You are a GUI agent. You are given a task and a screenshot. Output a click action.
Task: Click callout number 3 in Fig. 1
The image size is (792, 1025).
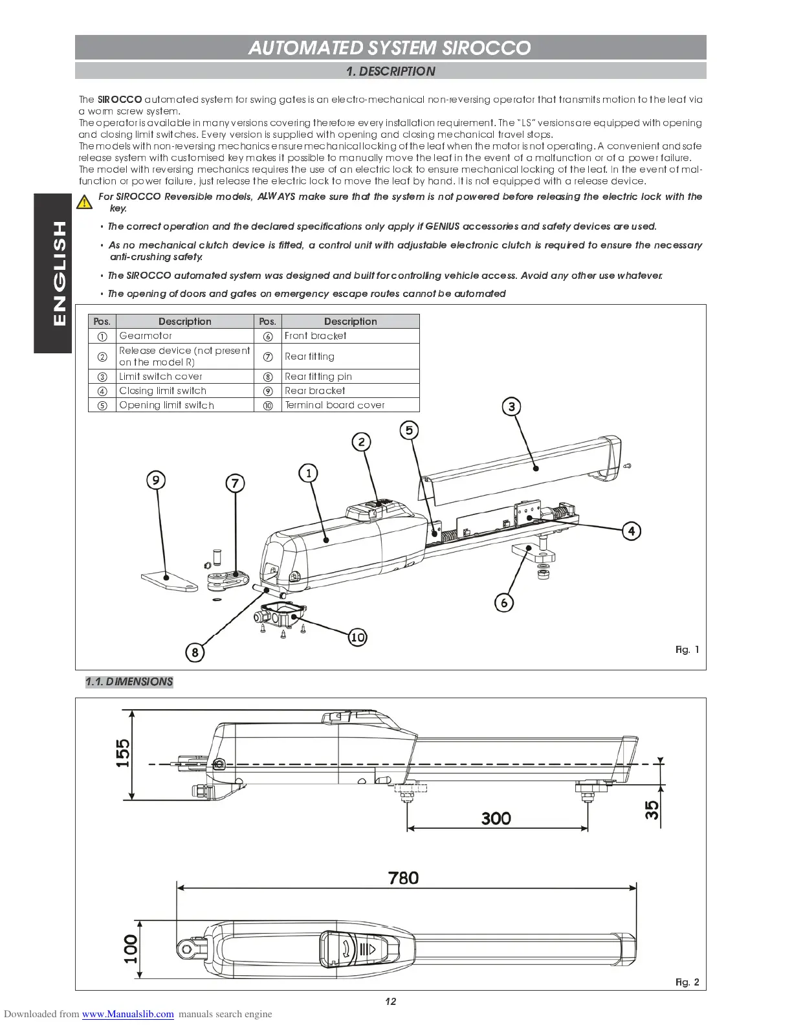point(512,406)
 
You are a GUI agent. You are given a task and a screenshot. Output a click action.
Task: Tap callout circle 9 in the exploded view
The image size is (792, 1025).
point(155,480)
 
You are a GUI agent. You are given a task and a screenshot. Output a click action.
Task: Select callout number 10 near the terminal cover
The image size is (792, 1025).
point(357,637)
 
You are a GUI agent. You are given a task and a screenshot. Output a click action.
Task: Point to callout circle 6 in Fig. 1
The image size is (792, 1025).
point(504,602)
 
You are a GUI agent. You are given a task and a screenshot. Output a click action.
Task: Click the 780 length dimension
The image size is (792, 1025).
point(403,877)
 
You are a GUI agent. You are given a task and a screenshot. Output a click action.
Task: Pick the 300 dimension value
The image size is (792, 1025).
point(496,818)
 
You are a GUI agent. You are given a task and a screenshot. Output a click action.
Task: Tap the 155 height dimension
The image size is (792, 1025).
point(123,753)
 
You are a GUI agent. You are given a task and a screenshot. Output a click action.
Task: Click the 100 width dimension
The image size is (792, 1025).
point(131,949)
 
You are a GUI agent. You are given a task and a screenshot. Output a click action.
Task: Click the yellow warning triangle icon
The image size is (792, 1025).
point(84,202)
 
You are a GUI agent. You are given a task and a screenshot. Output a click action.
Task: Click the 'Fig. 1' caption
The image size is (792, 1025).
point(687,649)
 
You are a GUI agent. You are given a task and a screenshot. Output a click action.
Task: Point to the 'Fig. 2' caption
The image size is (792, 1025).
point(687,982)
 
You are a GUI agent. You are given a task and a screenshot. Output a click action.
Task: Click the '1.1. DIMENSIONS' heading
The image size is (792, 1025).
point(129,681)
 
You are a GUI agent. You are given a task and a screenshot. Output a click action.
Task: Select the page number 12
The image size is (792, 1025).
point(390,1001)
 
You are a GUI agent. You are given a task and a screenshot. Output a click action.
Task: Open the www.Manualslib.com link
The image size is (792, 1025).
point(128,1014)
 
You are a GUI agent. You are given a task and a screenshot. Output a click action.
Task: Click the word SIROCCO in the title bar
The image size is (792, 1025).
point(486,48)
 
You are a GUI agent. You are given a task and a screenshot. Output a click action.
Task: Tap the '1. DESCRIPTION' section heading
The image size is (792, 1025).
point(390,71)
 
